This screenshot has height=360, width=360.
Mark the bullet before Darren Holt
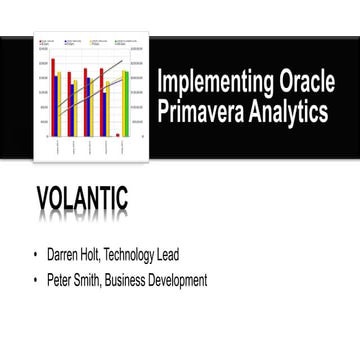38,255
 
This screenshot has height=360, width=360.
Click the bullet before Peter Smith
38,281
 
